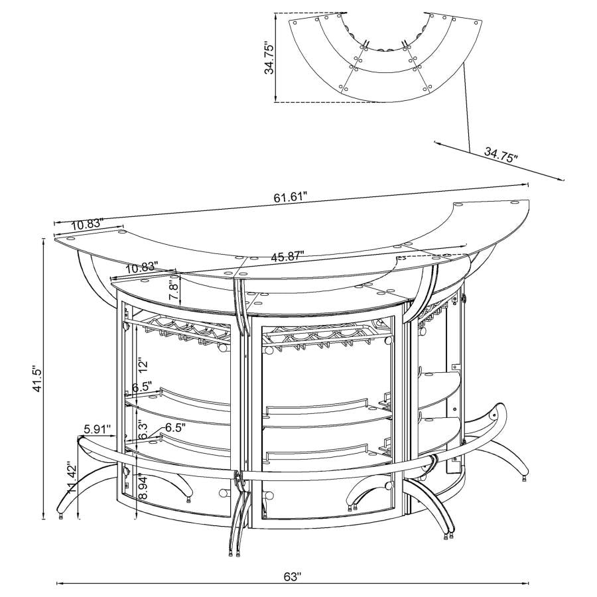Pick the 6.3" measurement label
[143, 430]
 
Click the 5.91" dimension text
[98, 429]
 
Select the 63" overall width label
[293, 576]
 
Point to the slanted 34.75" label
[500, 157]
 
